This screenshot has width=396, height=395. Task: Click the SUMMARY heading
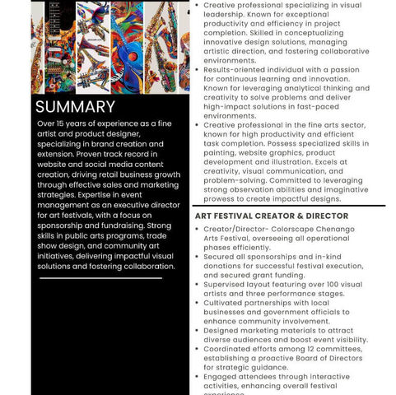click(x=75, y=107)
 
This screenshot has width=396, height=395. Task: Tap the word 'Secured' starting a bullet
click(x=221, y=256)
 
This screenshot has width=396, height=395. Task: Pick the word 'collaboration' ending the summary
click(x=141, y=265)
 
